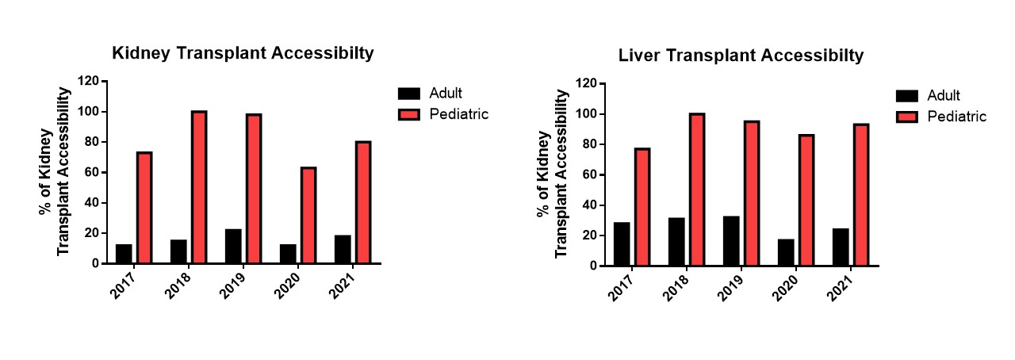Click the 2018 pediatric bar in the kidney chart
[x=198, y=187]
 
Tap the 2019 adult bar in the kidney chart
[x=233, y=246]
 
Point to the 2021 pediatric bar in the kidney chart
[x=363, y=202]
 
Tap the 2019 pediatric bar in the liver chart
[x=751, y=193]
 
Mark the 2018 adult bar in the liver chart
[x=676, y=242]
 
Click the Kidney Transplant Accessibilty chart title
[x=243, y=54]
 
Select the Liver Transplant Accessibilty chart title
[x=741, y=56]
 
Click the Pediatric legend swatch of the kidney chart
[x=409, y=114]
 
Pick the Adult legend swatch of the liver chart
[x=906, y=96]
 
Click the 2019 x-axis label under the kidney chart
[x=234, y=282]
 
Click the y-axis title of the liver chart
[x=553, y=174]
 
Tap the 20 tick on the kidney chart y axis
[x=91, y=233]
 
